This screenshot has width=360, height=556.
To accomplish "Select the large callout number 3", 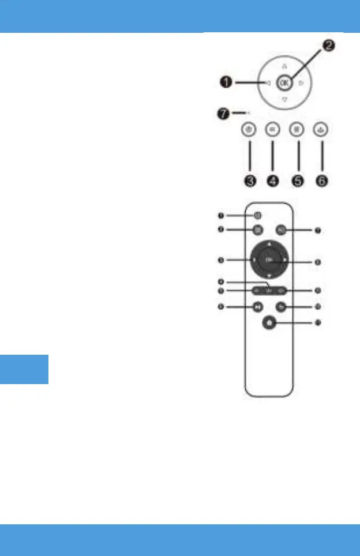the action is point(249,181).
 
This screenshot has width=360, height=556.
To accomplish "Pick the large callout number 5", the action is point(298,181).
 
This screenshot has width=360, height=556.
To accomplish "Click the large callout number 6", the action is point(321,181).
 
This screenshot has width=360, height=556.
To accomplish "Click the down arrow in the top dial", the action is point(284,100).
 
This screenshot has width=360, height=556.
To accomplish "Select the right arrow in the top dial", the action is point(301,83).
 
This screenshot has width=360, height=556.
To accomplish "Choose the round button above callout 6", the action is point(321,130).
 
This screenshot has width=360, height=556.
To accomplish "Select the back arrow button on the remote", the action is point(280,307).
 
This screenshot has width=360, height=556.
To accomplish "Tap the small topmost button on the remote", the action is point(257,216).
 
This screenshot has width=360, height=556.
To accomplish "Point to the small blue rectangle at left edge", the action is point(24,369).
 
